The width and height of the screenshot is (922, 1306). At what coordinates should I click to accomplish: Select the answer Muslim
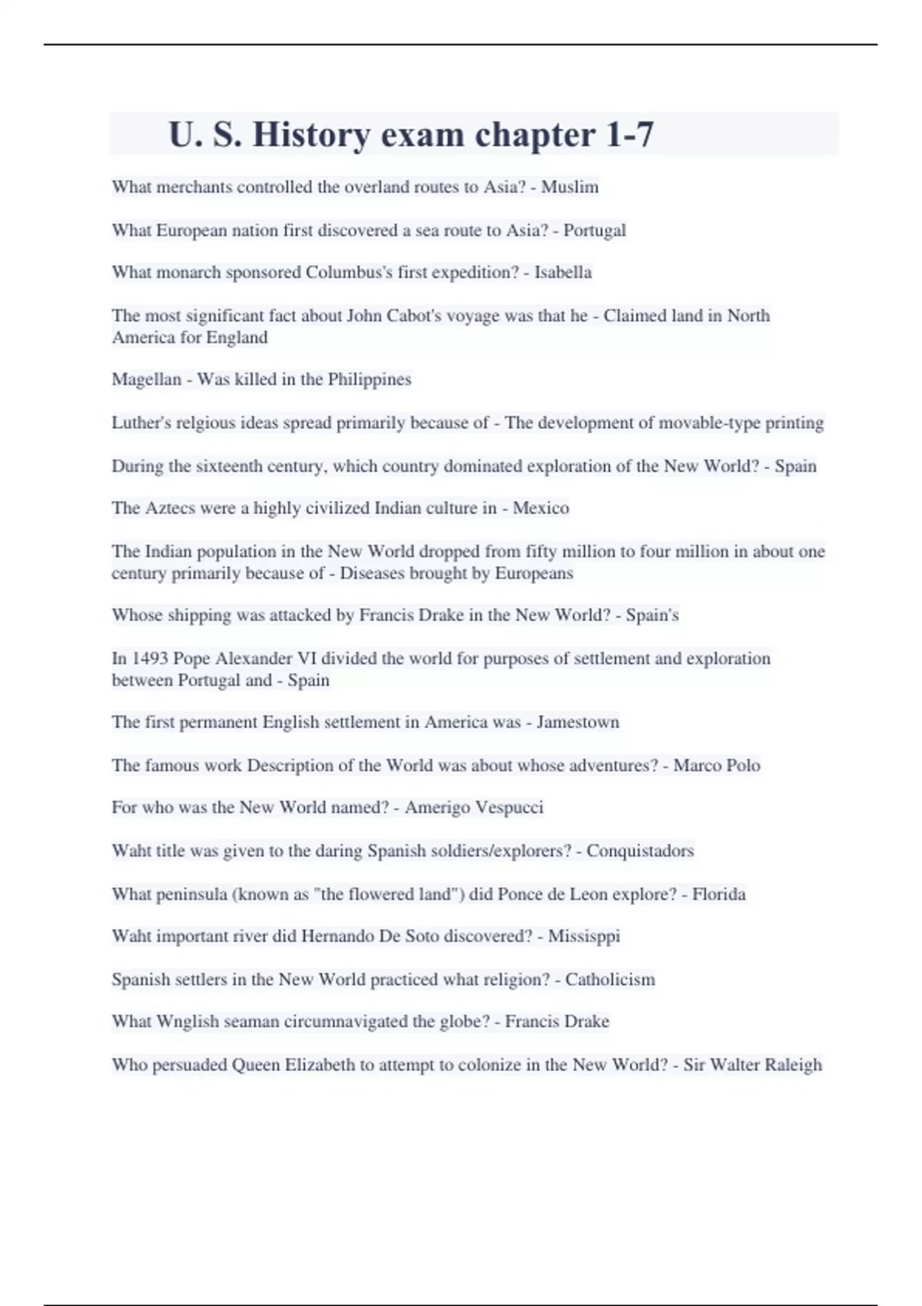point(569,187)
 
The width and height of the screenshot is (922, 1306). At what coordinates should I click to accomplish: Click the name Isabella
point(562,272)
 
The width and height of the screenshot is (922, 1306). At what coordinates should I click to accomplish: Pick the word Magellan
point(146,380)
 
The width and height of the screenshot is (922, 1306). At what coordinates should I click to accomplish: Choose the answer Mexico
point(541,508)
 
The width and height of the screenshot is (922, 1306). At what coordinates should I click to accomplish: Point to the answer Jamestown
point(578,722)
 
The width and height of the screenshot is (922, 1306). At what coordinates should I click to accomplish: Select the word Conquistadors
point(640,850)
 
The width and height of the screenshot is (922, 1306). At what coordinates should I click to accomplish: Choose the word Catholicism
point(610,979)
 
